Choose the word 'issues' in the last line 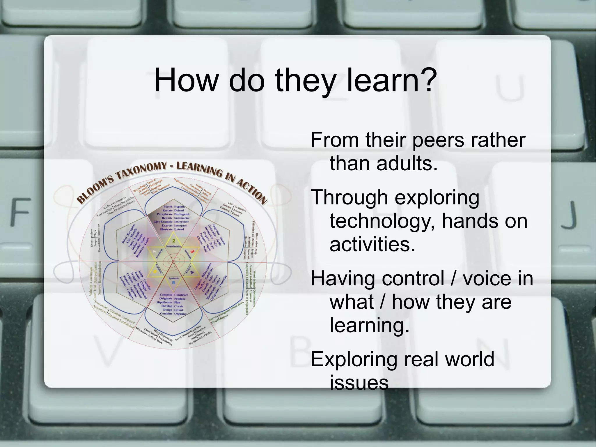[359, 383]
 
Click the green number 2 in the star [174, 241]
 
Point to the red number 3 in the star [192, 251]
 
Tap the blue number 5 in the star [174, 282]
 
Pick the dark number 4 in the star [192, 273]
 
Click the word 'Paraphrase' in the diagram [165, 214]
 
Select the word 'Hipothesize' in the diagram [165, 303]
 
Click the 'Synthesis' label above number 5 [174, 278]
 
